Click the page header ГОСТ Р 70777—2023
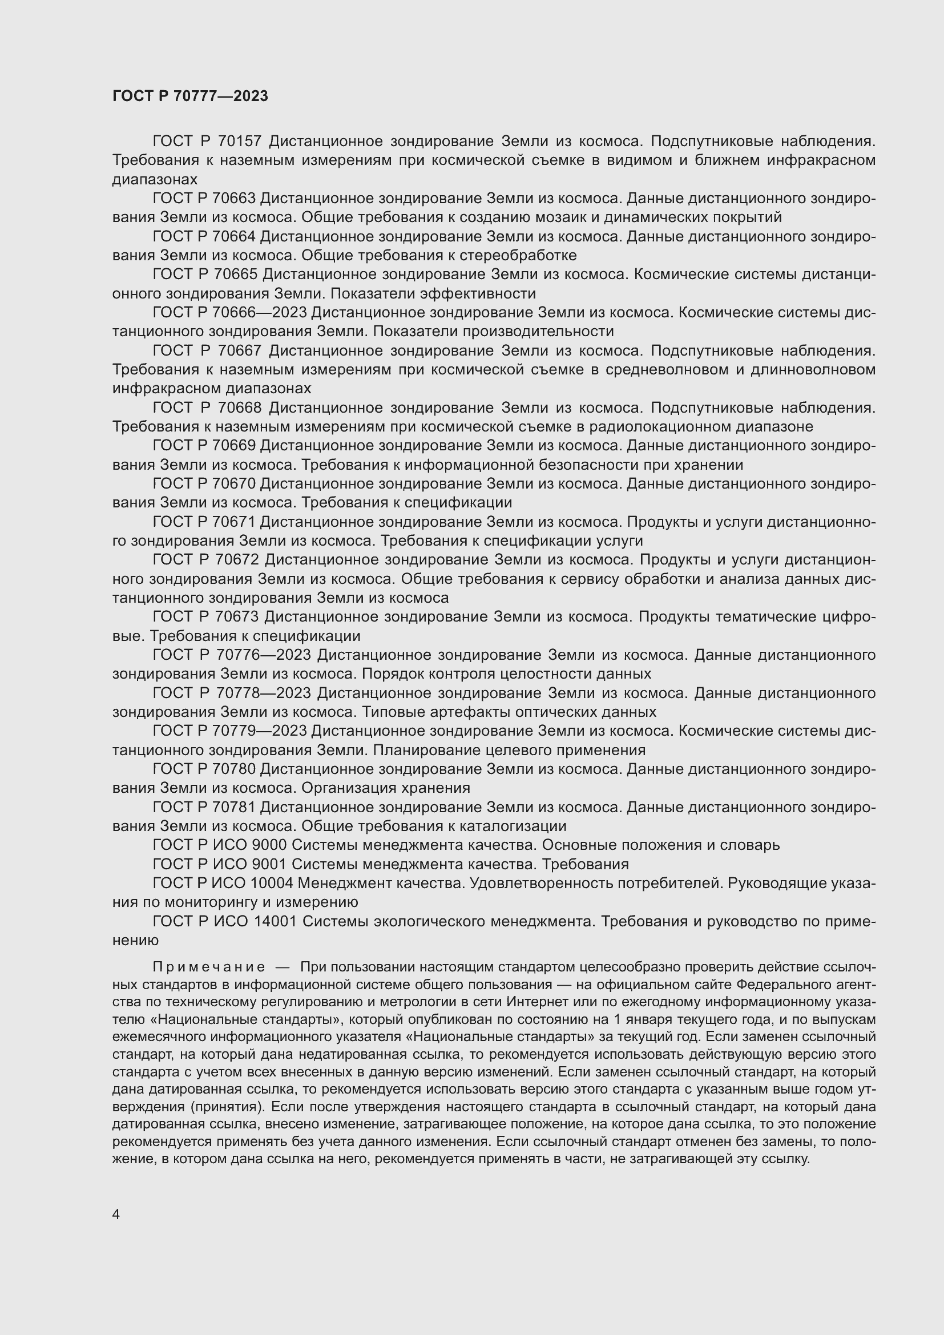190,96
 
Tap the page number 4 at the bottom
116,1214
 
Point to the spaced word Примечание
209,967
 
